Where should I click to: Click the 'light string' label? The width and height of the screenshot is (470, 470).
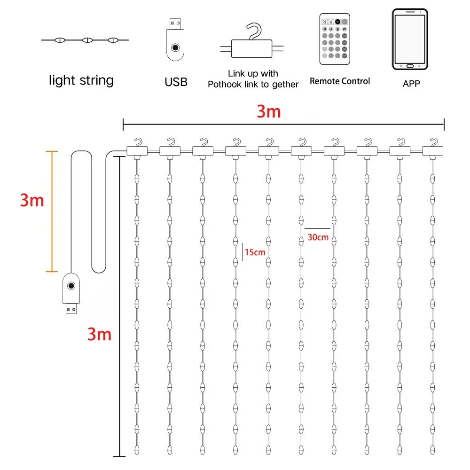81,80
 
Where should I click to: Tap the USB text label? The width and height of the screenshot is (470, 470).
176,82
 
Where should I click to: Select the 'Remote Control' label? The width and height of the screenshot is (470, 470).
340,81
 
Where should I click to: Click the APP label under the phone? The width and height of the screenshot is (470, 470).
411,84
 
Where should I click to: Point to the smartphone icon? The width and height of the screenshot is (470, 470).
410,39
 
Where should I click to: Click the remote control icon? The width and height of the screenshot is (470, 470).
335,39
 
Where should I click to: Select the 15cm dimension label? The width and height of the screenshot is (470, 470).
255,252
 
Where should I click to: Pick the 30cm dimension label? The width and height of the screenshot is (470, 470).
318,237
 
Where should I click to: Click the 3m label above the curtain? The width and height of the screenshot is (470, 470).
268,112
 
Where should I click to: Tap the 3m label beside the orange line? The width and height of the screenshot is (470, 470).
32,201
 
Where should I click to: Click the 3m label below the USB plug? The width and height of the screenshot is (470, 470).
99,335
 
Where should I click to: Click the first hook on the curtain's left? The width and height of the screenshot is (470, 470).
137,147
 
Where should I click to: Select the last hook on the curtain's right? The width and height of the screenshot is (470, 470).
433,147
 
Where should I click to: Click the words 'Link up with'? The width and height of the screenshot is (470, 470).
253,74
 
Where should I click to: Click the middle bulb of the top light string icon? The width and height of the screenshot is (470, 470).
86,40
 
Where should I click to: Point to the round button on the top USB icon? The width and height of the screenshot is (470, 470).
175,47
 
